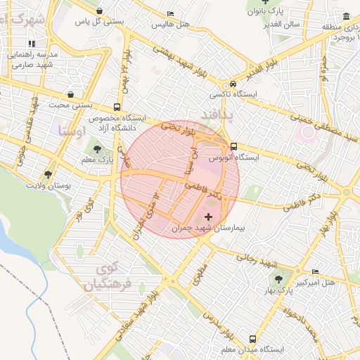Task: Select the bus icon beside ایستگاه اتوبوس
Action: (x=233, y=146)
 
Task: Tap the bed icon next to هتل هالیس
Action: (x=171, y=13)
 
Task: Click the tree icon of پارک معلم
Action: (x=97, y=149)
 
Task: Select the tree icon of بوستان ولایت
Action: (x=48, y=174)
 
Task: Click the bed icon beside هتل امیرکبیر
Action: (x=315, y=272)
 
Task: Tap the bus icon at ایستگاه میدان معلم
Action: (x=262, y=338)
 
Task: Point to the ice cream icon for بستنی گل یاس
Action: (x=103, y=11)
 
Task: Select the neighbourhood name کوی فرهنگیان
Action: (x=107, y=278)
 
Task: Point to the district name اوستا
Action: (x=72, y=130)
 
